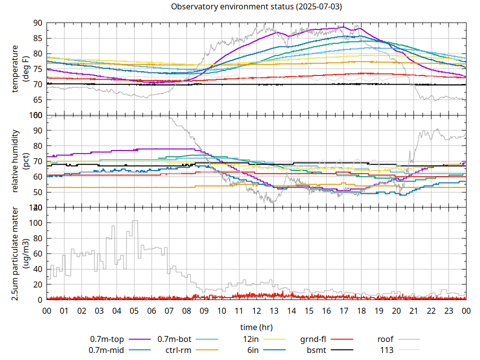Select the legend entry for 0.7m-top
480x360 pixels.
pos(107,339)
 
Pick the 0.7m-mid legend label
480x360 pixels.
pos(106,350)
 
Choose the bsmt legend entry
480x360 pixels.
pos(316,350)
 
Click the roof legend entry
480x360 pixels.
pos(385,339)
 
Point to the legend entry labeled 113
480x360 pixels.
pos(387,350)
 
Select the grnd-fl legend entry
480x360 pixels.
pos(313,339)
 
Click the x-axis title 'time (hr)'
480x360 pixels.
pos(256,327)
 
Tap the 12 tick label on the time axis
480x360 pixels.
pos(256,310)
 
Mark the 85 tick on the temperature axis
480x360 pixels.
pos(37,38)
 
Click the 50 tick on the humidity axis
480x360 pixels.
pos(37,192)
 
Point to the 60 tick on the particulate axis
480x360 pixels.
pos(37,253)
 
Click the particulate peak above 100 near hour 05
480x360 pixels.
pos(134,220)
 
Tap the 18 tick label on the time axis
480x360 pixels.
pos(361,310)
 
